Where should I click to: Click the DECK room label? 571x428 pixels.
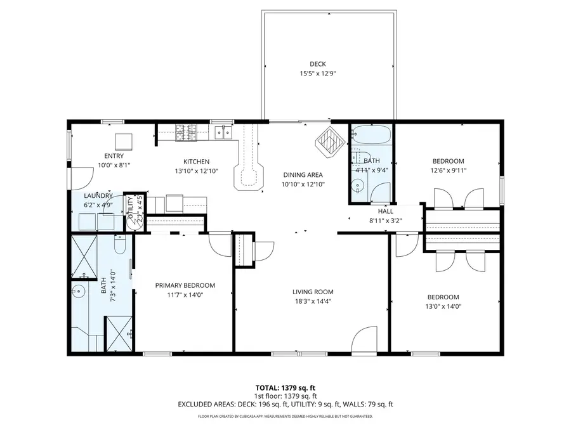coord(318,63)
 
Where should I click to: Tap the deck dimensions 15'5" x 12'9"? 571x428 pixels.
coord(318,74)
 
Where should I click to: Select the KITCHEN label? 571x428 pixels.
coord(196,162)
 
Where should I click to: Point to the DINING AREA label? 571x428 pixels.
coord(303,175)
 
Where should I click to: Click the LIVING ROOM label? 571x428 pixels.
coord(313,292)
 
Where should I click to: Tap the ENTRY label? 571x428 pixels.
coord(114,156)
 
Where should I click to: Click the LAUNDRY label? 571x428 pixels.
coord(98,196)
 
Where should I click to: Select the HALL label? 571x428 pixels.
coord(386,211)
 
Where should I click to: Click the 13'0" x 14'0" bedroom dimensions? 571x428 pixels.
coord(443,306)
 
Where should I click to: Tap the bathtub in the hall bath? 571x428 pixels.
coord(372,134)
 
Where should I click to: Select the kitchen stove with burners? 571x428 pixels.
coord(185,132)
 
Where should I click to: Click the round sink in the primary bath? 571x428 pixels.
coord(77,292)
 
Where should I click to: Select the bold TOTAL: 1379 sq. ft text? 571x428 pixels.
coord(285,387)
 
